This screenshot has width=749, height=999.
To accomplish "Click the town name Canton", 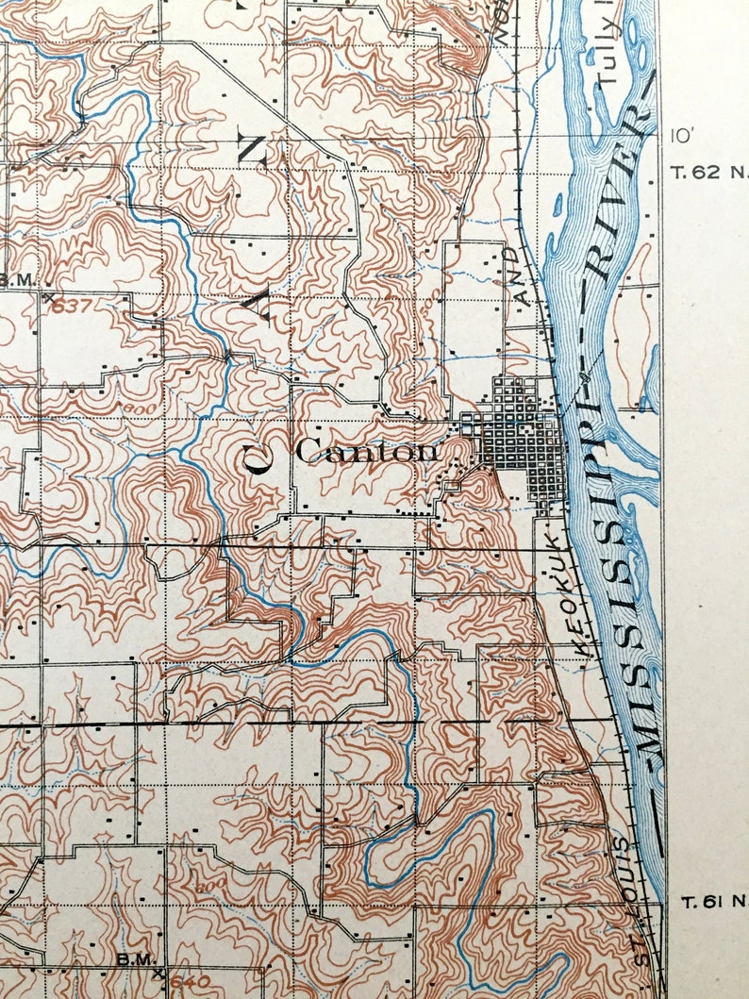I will click(x=367, y=451).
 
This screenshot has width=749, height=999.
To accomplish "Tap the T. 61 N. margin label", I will click(x=712, y=902).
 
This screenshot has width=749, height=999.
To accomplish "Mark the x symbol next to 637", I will click(x=47, y=296).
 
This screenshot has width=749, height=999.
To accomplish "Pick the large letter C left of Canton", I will click(x=258, y=458).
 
